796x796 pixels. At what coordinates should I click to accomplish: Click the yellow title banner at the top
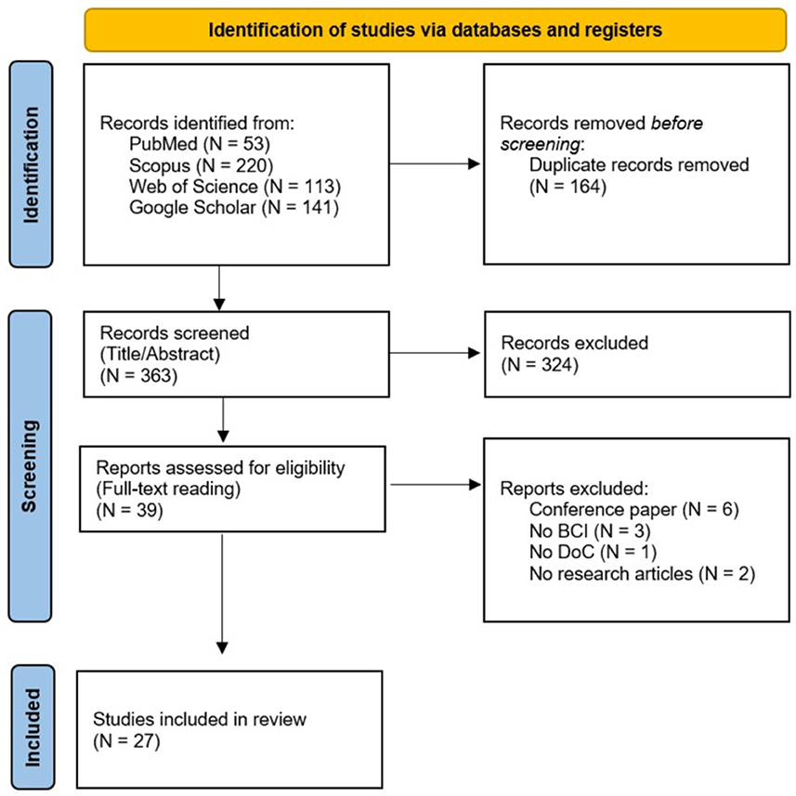point(435,30)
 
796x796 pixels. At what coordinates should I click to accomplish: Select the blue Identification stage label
point(31,164)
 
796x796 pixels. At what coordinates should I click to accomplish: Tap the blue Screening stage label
point(30,466)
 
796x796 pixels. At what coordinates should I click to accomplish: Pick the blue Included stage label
point(33,727)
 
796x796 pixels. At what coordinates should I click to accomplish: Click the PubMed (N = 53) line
point(200,144)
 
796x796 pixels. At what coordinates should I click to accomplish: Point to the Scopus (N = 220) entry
point(201,165)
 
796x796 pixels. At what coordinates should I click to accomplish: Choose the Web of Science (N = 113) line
point(235,187)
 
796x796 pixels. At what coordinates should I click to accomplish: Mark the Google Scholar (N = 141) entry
point(234,207)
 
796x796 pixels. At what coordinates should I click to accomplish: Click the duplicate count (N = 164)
point(568,187)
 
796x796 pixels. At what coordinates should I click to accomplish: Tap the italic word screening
point(540,144)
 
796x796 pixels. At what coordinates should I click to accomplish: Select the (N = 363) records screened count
point(138,375)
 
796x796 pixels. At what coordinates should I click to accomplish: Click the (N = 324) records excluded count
point(540,364)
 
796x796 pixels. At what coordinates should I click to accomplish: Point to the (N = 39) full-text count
point(129,510)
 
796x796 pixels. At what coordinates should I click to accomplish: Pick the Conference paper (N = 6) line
point(634,509)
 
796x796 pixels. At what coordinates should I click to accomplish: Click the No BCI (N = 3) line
point(590,530)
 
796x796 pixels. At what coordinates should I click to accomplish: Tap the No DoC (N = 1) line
point(593,552)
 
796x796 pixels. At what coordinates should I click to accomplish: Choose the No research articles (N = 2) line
point(642,574)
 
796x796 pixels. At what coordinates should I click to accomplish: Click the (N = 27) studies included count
point(126,741)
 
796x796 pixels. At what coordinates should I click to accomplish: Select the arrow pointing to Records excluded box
point(435,353)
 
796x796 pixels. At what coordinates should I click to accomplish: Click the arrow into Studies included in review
point(222,594)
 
